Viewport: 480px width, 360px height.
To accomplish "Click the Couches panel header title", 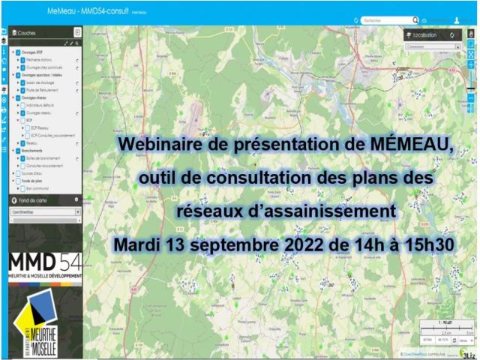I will [x=29, y=33].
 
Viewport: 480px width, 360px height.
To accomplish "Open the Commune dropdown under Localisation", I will [x=432, y=46].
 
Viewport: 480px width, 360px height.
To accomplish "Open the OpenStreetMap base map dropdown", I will [x=45, y=212].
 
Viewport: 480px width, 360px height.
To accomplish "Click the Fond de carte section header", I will [x=34, y=199].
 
